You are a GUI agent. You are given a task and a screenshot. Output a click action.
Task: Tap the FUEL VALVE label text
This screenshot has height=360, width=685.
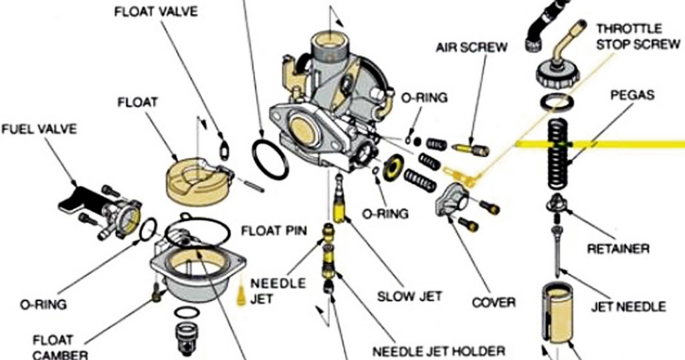click(39, 127)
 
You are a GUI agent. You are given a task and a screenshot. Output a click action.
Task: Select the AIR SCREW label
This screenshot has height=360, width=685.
click(472, 48)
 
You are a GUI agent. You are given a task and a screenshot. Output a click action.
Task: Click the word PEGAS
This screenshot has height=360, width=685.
click(631, 96)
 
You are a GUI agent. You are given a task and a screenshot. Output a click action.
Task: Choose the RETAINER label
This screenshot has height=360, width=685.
click(617, 249)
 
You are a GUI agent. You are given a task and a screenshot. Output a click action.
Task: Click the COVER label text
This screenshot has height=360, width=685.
click(494, 302)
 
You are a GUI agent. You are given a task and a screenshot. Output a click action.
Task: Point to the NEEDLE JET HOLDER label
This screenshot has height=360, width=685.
click(439, 351)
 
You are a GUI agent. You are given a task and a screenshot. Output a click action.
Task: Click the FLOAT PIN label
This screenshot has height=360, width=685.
click(274, 232)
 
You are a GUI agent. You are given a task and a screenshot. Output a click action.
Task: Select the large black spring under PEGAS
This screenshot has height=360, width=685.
click(559, 154)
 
